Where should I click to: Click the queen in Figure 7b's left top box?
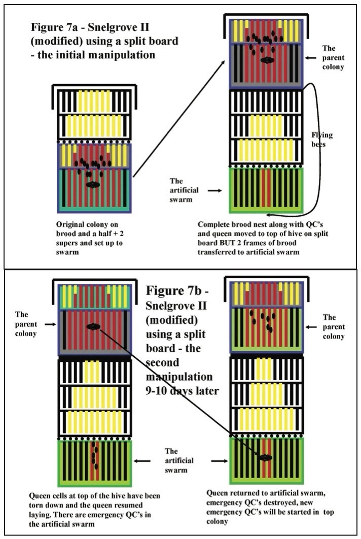[92, 327]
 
